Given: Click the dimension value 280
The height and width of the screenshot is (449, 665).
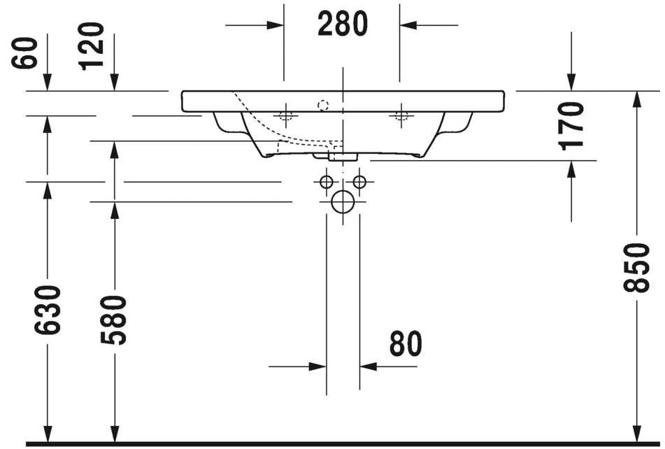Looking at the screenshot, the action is point(343,24).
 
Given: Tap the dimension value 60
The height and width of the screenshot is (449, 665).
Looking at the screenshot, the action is point(24,52).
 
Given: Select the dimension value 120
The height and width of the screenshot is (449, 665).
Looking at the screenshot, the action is point(91,46).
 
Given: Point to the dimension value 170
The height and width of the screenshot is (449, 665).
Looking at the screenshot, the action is point(571,127).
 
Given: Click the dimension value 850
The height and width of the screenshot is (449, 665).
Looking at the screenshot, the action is point(636,268).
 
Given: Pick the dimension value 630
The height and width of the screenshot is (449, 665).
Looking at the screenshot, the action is point(48,310).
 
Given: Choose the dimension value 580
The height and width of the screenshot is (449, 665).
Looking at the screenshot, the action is point(114,320).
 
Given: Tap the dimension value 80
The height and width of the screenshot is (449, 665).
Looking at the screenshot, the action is point(406,343).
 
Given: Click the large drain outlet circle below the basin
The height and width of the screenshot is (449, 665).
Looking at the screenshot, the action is point(343,202).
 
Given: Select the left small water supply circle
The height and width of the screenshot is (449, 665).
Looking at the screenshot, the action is point(326,182).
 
